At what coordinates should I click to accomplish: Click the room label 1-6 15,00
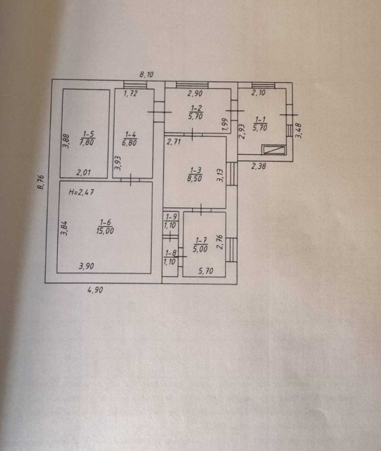pos(105,227)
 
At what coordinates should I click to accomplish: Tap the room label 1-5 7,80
pos(88,138)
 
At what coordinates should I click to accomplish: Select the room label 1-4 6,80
pos(129,139)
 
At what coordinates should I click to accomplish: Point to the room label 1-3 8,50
pos(195,174)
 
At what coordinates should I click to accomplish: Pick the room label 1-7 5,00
pos(200,244)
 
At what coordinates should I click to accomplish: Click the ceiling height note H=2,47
pos(82,192)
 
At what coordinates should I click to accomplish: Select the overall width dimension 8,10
pos(147,75)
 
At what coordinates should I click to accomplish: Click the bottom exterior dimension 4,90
pos(95,289)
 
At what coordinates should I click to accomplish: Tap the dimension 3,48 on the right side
pos(298,131)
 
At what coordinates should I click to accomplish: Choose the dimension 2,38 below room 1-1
pos(258,166)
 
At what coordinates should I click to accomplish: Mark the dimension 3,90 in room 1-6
pos(86,266)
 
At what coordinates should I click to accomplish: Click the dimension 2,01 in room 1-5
pos(84,172)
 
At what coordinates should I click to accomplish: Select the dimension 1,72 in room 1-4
pos(131,93)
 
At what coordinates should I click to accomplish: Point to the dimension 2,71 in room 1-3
pos(174,141)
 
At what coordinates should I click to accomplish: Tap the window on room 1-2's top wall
pos(192,85)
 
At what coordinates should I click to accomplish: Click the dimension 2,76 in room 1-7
pos(220,242)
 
